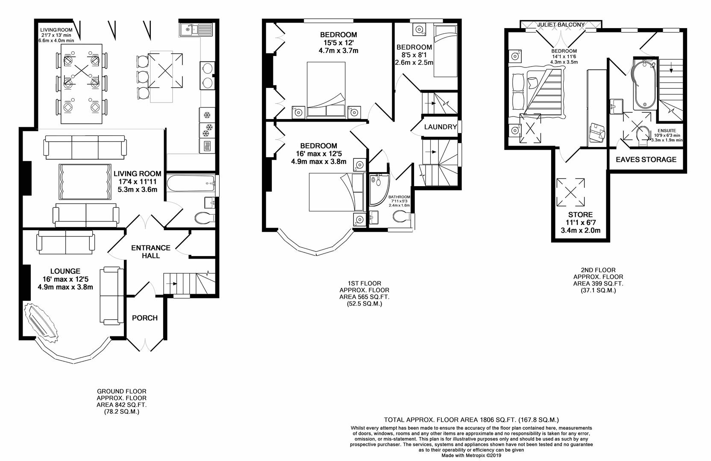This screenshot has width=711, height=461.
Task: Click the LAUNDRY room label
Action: (x=441, y=127)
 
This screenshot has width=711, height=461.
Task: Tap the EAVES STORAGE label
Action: (x=646, y=160)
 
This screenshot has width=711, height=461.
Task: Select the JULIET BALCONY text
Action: (x=561, y=25)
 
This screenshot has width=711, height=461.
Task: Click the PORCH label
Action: (x=144, y=318)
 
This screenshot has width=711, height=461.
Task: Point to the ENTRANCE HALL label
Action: (x=150, y=252)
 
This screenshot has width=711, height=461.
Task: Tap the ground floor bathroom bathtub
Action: (x=190, y=184)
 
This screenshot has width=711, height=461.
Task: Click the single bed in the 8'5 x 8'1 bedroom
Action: (x=445, y=51)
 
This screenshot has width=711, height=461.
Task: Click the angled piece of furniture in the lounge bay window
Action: (x=41, y=321)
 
